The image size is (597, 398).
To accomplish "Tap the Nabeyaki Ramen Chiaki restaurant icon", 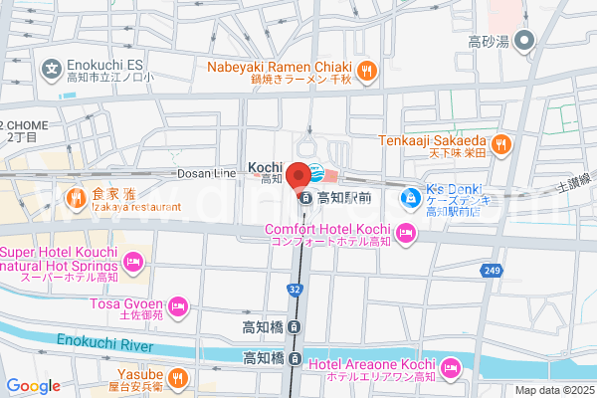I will [367, 70].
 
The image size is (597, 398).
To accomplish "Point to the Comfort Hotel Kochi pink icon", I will [405, 234].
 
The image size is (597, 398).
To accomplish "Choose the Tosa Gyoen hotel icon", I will [177, 304].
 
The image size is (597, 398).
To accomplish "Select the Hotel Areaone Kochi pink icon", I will [449, 369].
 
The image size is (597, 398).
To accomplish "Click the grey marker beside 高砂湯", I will [525, 42].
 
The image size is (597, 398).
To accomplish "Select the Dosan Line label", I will [207, 173].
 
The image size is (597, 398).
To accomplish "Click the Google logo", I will [33, 386].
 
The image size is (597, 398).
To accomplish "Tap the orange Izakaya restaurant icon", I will [75, 199].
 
